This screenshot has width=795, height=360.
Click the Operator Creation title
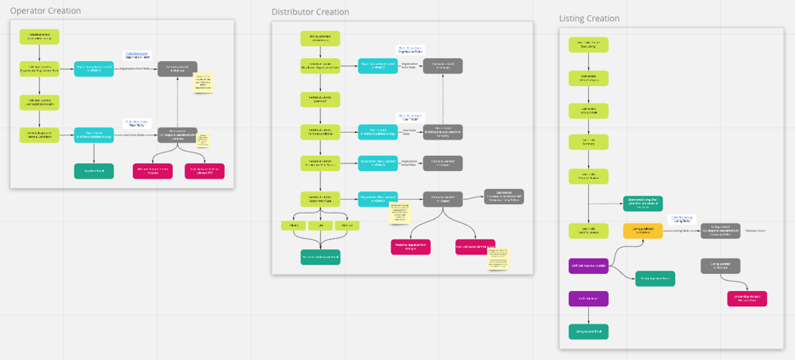click(45, 11)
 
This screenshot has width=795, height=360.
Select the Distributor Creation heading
click(310, 12)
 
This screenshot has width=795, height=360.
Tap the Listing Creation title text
click(589, 18)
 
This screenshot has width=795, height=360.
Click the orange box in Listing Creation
click(643, 231)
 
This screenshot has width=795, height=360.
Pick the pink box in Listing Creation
click(746, 299)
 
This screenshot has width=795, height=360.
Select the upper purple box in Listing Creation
click(588, 266)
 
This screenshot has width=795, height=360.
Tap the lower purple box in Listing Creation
click(588, 299)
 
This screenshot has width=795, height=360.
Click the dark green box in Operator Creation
click(94, 171)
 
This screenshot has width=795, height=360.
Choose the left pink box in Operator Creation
click(152, 171)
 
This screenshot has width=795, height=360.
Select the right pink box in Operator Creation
click(204, 171)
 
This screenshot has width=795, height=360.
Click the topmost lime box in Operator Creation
click(39, 37)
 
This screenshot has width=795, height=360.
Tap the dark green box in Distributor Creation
click(320, 257)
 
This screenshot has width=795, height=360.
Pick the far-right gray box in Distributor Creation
click(504, 197)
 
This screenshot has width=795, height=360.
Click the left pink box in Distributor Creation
click(410, 247)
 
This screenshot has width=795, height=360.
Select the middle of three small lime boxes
click(320, 226)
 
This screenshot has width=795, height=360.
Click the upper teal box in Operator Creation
click(94, 69)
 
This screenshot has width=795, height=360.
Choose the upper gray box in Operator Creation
click(177, 69)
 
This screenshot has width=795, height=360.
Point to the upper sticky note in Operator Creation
click(204, 83)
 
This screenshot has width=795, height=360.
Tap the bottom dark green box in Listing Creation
click(588, 332)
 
